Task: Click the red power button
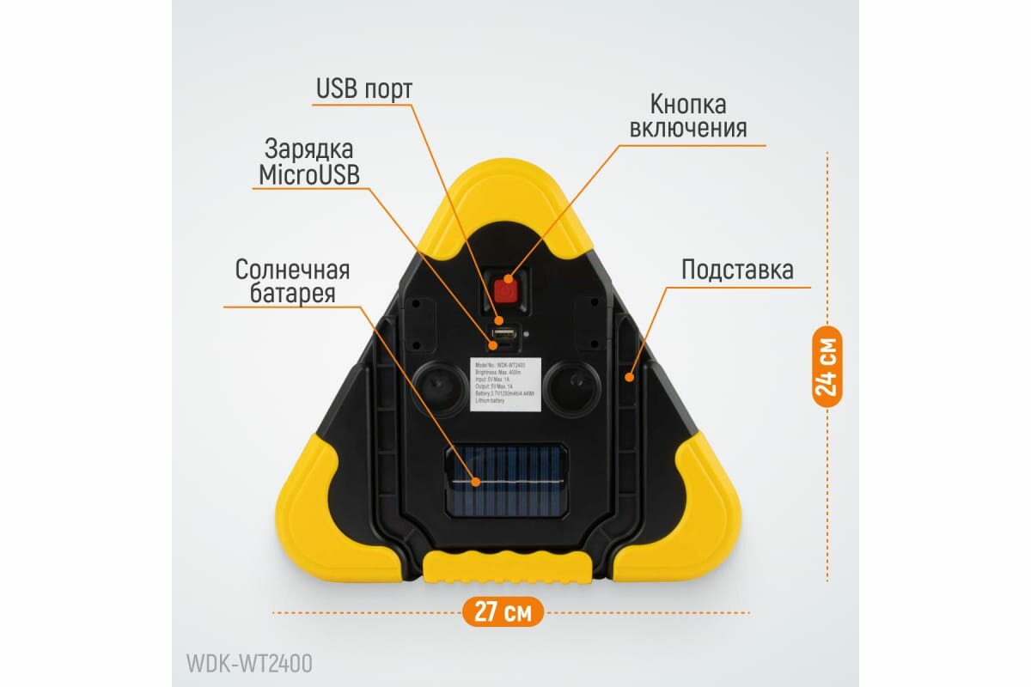point(507,290)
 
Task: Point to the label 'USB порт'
point(364,88)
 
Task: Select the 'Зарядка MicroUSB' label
point(309,161)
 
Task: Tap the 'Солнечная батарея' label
point(293,282)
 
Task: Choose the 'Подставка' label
point(737,270)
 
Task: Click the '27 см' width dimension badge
point(503,612)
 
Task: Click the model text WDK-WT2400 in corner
point(249,664)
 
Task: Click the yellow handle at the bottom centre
point(507,568)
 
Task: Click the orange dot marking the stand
point(630,376)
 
